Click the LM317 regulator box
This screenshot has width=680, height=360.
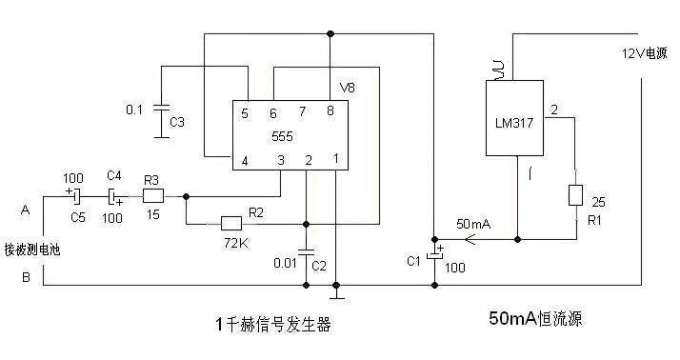click(514, 118)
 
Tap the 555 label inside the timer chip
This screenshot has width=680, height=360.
click(282, 136)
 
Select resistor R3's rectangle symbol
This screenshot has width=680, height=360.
click(153, 196)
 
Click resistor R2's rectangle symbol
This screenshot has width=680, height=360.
click(231, 224)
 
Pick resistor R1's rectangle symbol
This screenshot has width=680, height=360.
click(575, 195)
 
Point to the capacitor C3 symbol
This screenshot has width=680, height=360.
click(161, 109)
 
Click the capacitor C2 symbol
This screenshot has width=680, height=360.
click(306, 252)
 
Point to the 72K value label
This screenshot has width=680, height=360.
click(236, 244)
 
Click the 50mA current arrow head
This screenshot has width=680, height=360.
click(470, 239)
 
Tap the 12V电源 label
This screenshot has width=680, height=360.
click(645, 53)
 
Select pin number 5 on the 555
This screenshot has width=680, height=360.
click(245, 113)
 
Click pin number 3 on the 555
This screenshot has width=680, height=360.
click(281, 161)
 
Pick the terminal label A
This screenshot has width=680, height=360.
click(26, 210)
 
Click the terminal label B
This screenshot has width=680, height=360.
click(26, 277)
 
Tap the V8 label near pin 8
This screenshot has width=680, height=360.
click(348, 88)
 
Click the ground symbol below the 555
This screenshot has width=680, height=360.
click(335, 296)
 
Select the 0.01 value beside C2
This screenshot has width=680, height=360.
click(285, 263)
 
